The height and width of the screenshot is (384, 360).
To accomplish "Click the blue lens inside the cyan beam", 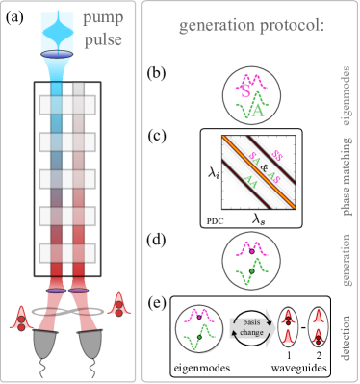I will [61, 52].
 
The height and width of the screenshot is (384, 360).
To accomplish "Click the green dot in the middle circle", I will [251, 273].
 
